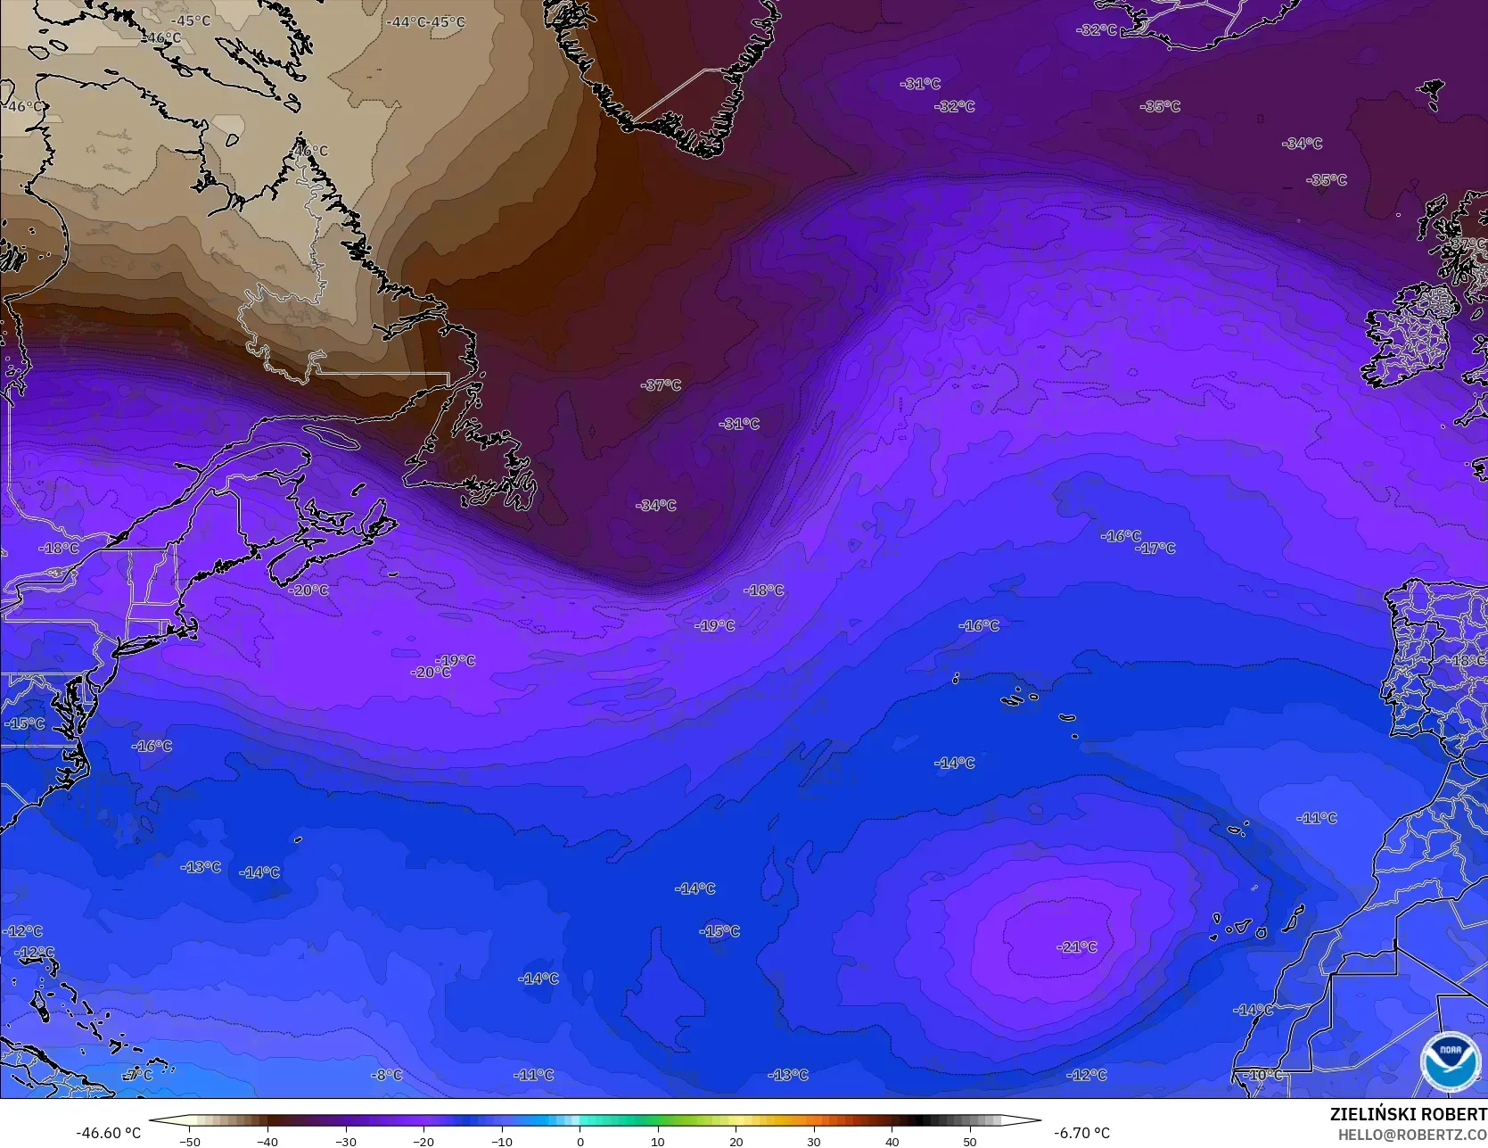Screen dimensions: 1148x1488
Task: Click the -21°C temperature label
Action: pyautogui.click(x=1076, y=946)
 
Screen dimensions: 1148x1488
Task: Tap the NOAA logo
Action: pyautogui.click(x=1449, y=1061)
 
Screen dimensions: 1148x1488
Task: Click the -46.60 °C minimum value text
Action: pyautogui.click(x=108, y=1133)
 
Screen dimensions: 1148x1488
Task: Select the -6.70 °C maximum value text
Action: pyautogui.click(x=1081, y=1133)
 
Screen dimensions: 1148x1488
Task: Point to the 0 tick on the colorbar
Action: pyautogui.click(x=580, y=1141)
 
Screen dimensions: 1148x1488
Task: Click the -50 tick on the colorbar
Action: pyautogui.click(x=189, y=1141)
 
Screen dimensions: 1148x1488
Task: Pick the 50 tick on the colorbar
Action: pyautogui.click(x=970, y=1141)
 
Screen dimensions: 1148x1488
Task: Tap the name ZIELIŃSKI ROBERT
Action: pyautogui.click(x=1408, y=1114)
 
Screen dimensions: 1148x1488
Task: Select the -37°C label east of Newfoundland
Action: pyautogui.click(x=661, y=385)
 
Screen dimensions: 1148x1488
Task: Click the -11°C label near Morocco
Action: pyautogui.click(x=1317, y=818)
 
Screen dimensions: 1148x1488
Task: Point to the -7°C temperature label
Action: pyautogui.click(x=138, y=1075)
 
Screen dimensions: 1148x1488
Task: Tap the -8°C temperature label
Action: pyautogui.click(x=387, y=1075)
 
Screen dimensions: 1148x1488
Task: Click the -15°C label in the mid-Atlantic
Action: pyautogui.click(x=719, y=931)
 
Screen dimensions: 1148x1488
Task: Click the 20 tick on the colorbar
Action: pyautogui.click(x=736, y=1141)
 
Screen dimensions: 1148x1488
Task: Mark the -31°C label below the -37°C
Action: pyautogui.click(x=739, y=424)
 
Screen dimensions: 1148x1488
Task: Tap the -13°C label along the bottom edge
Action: pyautogui.click(x=788, y=1075)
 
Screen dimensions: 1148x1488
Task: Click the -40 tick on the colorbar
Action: pyautogui.click(x=267, y=1141)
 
